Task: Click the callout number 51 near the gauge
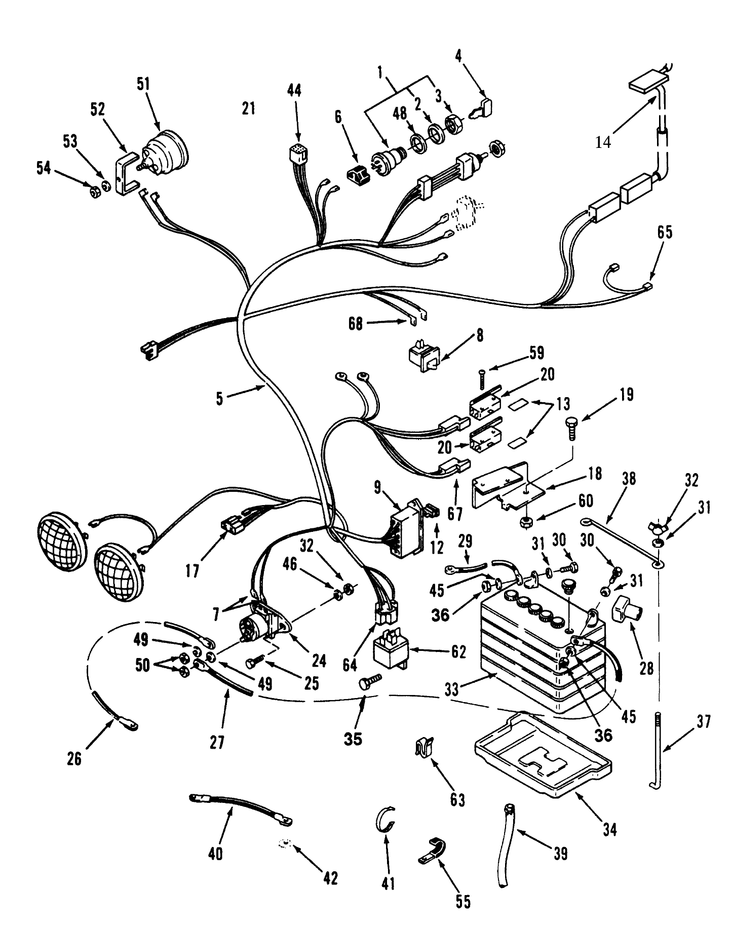(144, 84)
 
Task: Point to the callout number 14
(603, 142)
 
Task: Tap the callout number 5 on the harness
(219, 399)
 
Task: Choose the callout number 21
(248, 108)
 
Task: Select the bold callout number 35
(353, 739)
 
